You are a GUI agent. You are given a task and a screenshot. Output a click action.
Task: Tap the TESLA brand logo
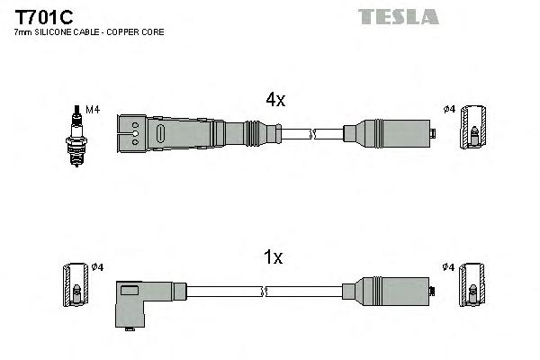point(399,16)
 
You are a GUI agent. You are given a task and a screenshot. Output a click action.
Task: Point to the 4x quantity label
point(274,101)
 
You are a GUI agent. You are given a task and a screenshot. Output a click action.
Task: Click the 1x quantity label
point(273,258)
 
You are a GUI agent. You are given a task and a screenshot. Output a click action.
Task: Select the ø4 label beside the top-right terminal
point(449,110)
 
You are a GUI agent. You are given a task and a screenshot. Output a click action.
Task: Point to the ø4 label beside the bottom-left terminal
point(98,267)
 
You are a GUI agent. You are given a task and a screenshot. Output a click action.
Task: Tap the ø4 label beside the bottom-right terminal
point(449,267)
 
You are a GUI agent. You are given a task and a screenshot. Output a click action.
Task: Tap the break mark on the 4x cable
point(312,135)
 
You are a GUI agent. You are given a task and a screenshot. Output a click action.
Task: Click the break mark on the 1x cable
point(266,292)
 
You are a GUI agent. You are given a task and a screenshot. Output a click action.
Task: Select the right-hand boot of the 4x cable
point(387,135)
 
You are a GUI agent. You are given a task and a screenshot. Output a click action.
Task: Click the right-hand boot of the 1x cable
point(387,291)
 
